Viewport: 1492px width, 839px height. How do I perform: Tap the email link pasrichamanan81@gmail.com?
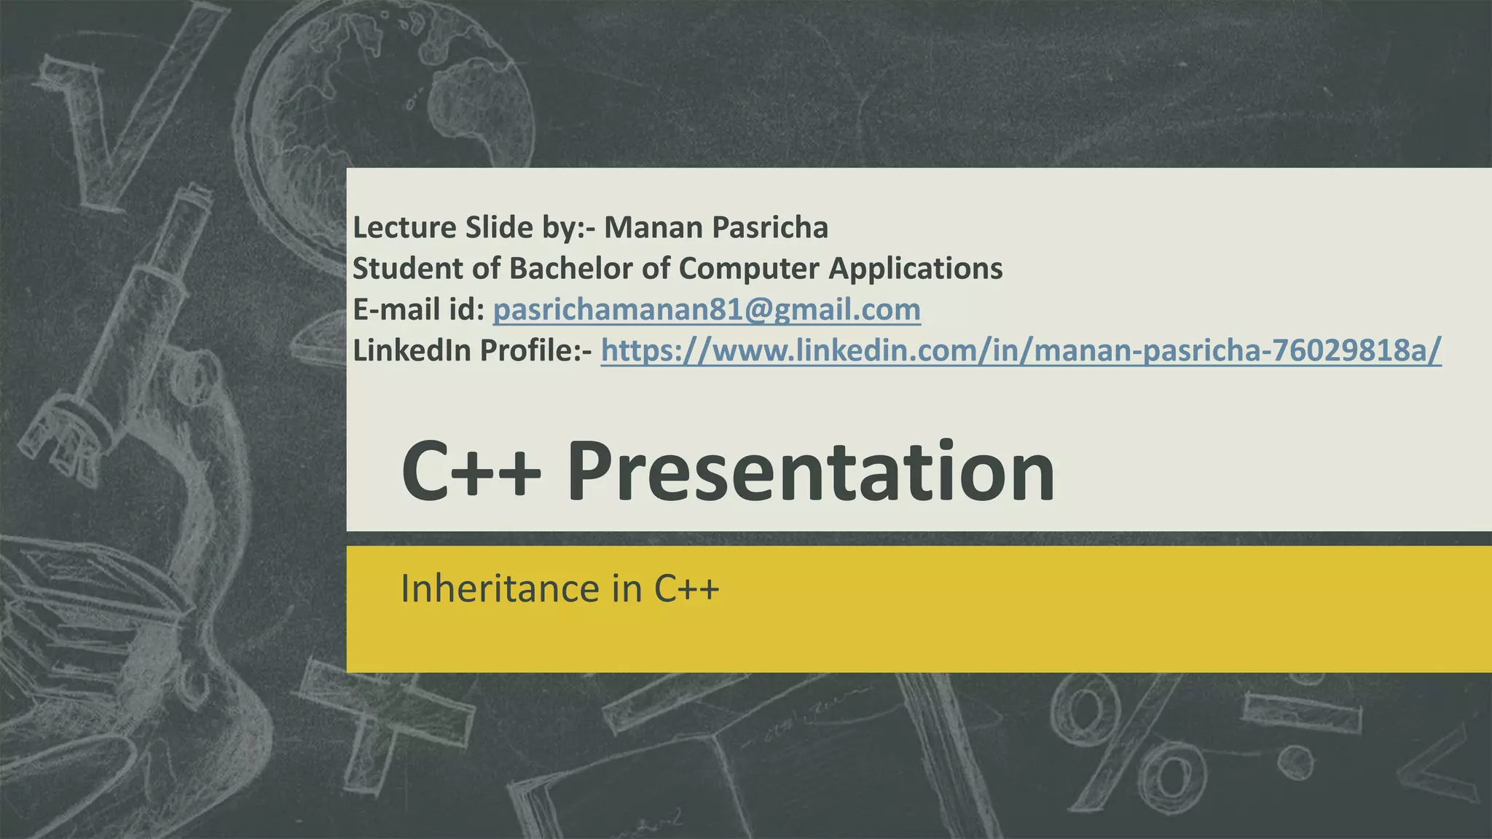tap(707, 310)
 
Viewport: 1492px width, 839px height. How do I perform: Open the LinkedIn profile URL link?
tap(1021, 351)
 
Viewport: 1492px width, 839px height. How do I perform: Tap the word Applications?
tap(916, 269)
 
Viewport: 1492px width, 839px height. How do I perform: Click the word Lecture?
tap(404, 228)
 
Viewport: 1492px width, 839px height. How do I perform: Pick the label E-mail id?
tap(418, 310)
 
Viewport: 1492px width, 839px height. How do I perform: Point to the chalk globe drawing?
tap(393, 95)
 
